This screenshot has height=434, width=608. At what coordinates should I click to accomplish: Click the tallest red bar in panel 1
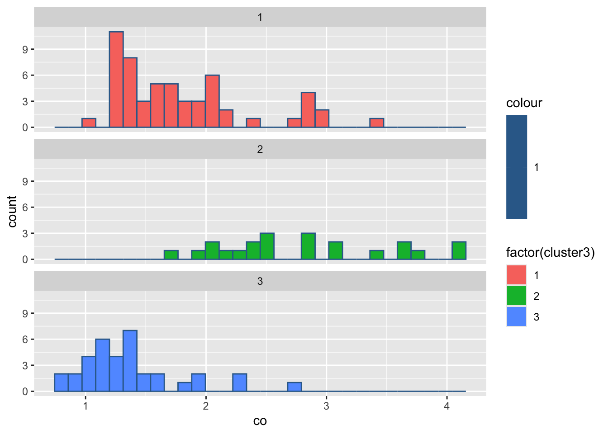116,80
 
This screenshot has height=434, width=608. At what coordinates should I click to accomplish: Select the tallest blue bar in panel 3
130,361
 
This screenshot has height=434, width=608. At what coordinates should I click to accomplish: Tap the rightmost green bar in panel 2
459,251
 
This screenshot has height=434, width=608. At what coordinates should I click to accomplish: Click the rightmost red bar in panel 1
377,123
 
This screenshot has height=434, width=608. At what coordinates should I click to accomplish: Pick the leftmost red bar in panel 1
89,123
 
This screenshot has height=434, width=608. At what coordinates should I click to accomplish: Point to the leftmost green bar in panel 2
171,255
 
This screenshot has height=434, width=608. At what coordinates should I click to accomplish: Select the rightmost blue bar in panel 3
294,387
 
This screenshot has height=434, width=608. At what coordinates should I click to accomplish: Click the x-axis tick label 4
447,406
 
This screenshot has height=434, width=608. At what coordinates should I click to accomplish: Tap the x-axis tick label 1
85,406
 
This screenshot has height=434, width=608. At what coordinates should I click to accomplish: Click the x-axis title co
260,421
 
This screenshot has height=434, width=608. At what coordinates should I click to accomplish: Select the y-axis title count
12,212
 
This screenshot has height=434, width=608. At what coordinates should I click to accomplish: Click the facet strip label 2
260,149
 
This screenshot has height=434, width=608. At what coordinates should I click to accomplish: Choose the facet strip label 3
260,281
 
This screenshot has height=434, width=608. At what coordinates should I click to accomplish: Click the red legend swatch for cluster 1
517,275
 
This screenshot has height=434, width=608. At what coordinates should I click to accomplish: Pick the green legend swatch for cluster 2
517,296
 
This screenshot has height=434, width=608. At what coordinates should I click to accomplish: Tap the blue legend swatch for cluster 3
517,316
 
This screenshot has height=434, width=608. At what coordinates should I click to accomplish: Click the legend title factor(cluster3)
550,252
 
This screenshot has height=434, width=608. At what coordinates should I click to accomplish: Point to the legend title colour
524,103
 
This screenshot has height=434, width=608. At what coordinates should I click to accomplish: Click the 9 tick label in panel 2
25,181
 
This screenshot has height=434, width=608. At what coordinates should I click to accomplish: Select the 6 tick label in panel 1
25,75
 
